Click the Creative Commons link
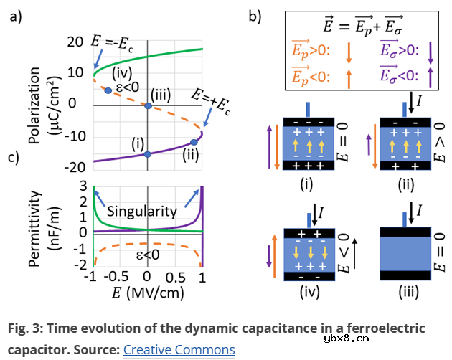179,350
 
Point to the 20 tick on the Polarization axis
75,42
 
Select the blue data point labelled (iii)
147,106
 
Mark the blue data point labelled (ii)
193,142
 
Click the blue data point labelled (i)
147,154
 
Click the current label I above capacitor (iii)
418,209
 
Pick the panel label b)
255,16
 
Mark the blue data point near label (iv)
108,90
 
